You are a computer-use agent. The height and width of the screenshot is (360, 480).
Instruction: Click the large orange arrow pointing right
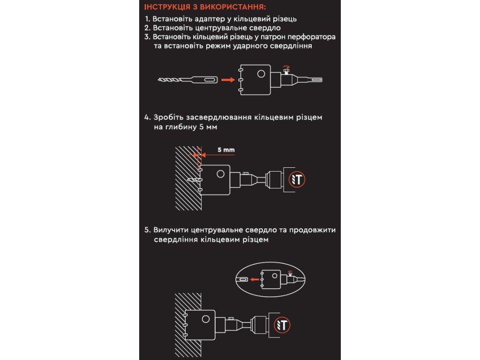[227, 80]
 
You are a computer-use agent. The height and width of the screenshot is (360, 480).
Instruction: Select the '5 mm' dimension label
[225, 150]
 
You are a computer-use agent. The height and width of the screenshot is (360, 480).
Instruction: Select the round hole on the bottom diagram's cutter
[205, 319]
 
